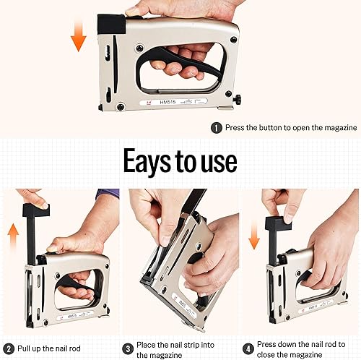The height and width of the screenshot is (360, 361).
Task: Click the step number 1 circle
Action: click(217, 128)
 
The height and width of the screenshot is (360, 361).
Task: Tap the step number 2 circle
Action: click(9, 349)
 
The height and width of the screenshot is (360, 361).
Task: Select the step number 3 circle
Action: click(128, 349)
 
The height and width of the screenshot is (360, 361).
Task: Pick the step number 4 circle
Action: click(248, 348)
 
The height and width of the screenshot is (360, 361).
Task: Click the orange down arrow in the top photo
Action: click(79, 36)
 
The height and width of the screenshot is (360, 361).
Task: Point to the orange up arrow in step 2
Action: click(13, 237)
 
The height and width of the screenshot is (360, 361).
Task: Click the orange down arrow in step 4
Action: click(254, 235)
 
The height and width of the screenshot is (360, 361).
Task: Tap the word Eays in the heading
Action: click(147, 160)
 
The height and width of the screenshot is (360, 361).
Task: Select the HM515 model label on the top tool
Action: click(168, 102)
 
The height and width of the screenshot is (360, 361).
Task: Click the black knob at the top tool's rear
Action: click(238, 100)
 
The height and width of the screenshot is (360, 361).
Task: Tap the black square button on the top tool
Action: click(111, 24)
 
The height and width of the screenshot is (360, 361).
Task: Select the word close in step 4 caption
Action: click(266, 355)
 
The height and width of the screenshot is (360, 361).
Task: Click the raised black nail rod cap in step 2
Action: click(36, 210)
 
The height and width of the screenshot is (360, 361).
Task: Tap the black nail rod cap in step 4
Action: click(278, 223)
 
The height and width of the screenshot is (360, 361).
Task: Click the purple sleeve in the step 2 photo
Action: click(108, 194)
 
